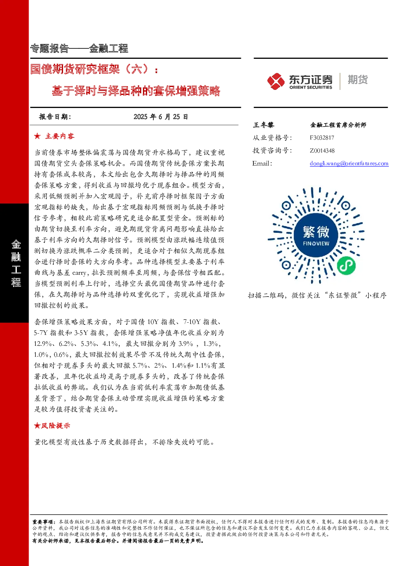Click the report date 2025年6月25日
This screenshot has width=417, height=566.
161,117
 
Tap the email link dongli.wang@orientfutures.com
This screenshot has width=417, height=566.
349,163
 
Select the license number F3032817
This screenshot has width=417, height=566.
322,138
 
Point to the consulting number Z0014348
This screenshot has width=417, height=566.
322,150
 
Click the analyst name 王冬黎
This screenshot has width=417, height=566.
263,125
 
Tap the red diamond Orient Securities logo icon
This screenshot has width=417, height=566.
276,81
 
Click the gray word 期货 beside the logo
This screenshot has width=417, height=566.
358,79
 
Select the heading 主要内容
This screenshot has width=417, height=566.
60,136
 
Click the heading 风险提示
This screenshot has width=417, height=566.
55,426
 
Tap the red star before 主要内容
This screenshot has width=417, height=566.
37,136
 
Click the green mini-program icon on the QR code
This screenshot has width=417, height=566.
346,266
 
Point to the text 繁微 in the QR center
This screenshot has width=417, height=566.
316,232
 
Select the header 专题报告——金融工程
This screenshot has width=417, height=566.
79,48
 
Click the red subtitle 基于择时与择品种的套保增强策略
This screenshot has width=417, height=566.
136,91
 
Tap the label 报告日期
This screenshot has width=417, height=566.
55,117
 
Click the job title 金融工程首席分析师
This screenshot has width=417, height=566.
338,125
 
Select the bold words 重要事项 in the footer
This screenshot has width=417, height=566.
42,522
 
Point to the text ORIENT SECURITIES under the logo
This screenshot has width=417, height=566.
311,87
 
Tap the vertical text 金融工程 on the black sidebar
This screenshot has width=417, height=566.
16,263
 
